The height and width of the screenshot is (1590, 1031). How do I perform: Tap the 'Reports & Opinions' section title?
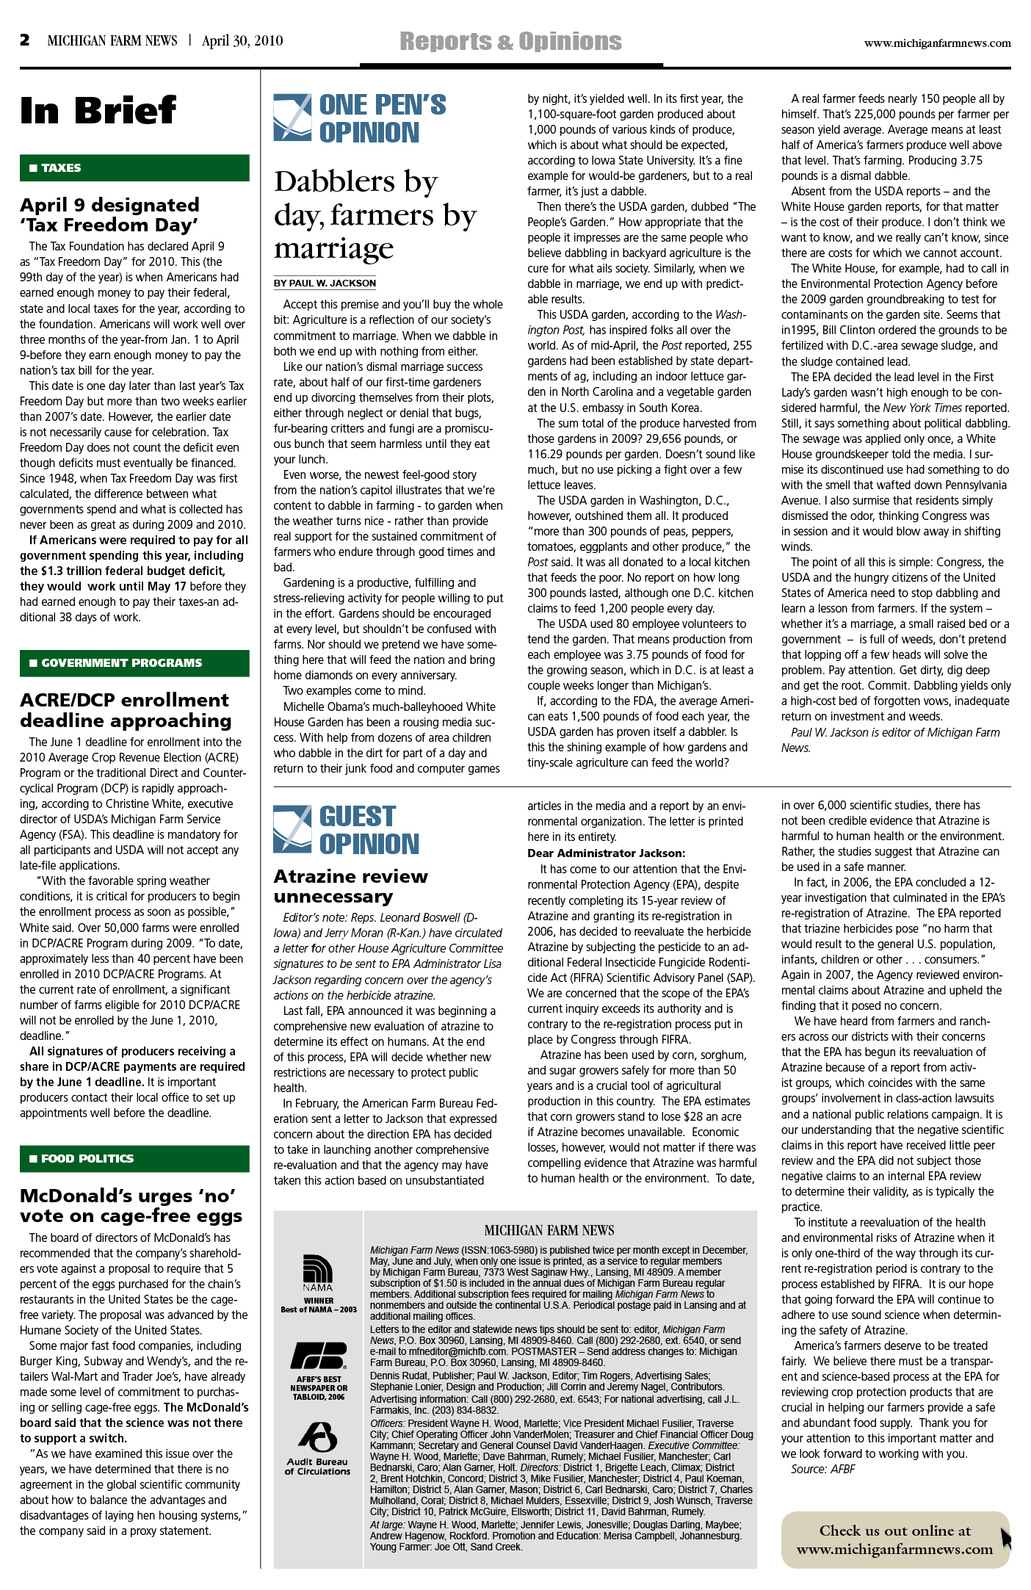click(x=510, y=42)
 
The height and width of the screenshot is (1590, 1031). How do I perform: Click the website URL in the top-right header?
click(x=937, y=43)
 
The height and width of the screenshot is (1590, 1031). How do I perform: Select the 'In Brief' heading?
click(x=98, y=111)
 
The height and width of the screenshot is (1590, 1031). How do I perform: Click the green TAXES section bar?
click(x=134, y=168)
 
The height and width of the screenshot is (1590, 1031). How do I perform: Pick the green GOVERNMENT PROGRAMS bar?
click(x=134, y=663)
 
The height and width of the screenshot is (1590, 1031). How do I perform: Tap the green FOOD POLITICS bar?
click(x=134, y=1159)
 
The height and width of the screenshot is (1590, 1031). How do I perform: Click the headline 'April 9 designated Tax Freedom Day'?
click(x=110, y=214)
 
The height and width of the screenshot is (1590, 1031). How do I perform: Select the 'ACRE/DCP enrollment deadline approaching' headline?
click(x=125, y=710)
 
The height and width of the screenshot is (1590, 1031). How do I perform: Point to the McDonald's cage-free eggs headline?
click(x=131, y=1206)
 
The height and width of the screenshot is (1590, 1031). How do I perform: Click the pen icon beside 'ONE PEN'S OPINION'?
click(x=292, y=118)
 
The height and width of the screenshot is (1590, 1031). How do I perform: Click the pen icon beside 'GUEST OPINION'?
click(x=292, y=829)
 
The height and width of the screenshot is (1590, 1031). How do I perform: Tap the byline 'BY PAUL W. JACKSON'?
click(x=325, y=283)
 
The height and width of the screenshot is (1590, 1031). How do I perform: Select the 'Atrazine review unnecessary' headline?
click(x=350, y=886)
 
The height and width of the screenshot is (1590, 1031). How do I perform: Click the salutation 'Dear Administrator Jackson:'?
click(x=606, y=853)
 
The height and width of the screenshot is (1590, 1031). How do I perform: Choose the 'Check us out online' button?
click(x=894, y=1539)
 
